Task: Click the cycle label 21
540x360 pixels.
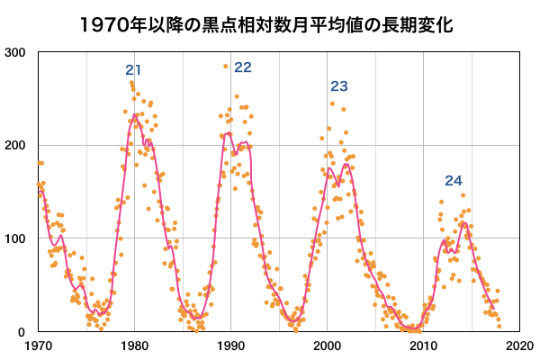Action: (x=135, y=70)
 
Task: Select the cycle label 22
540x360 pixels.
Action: (x=243, y=67)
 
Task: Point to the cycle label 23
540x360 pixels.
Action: (x=338, y=86)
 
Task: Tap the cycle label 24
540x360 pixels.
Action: (x=454, y=180)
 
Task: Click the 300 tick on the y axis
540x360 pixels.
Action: (x=15, y=52)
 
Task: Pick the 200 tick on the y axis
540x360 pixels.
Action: (x=15, y=146)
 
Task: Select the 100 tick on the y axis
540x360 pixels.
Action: (x=15, y=238)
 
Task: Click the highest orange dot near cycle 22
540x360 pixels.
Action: (x=226, y=66)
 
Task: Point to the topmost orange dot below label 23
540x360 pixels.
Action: (x=332, y=103)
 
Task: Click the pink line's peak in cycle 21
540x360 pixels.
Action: (x=136, y=114)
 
